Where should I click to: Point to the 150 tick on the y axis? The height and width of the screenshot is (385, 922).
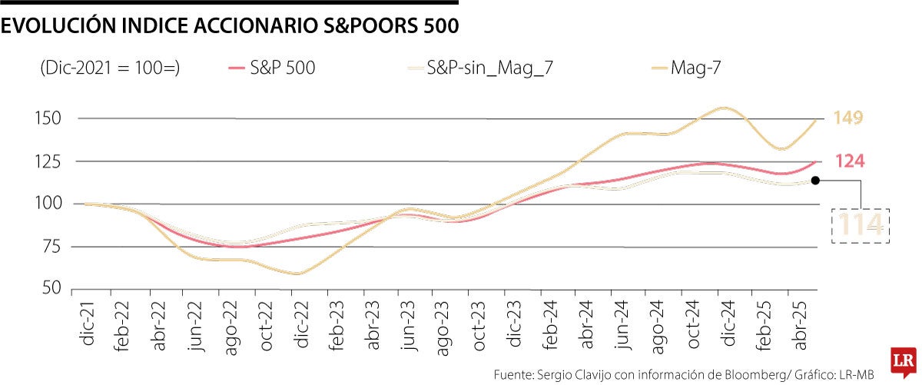point(48,118)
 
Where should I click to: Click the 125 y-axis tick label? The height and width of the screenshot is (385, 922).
point(48,161)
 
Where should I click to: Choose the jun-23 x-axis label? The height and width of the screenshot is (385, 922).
point(408,323)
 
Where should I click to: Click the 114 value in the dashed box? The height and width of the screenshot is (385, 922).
point(861,225)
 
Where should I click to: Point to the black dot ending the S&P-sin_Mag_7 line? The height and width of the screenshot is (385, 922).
point(816,181)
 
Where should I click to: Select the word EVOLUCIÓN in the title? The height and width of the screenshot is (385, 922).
point(58,27)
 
